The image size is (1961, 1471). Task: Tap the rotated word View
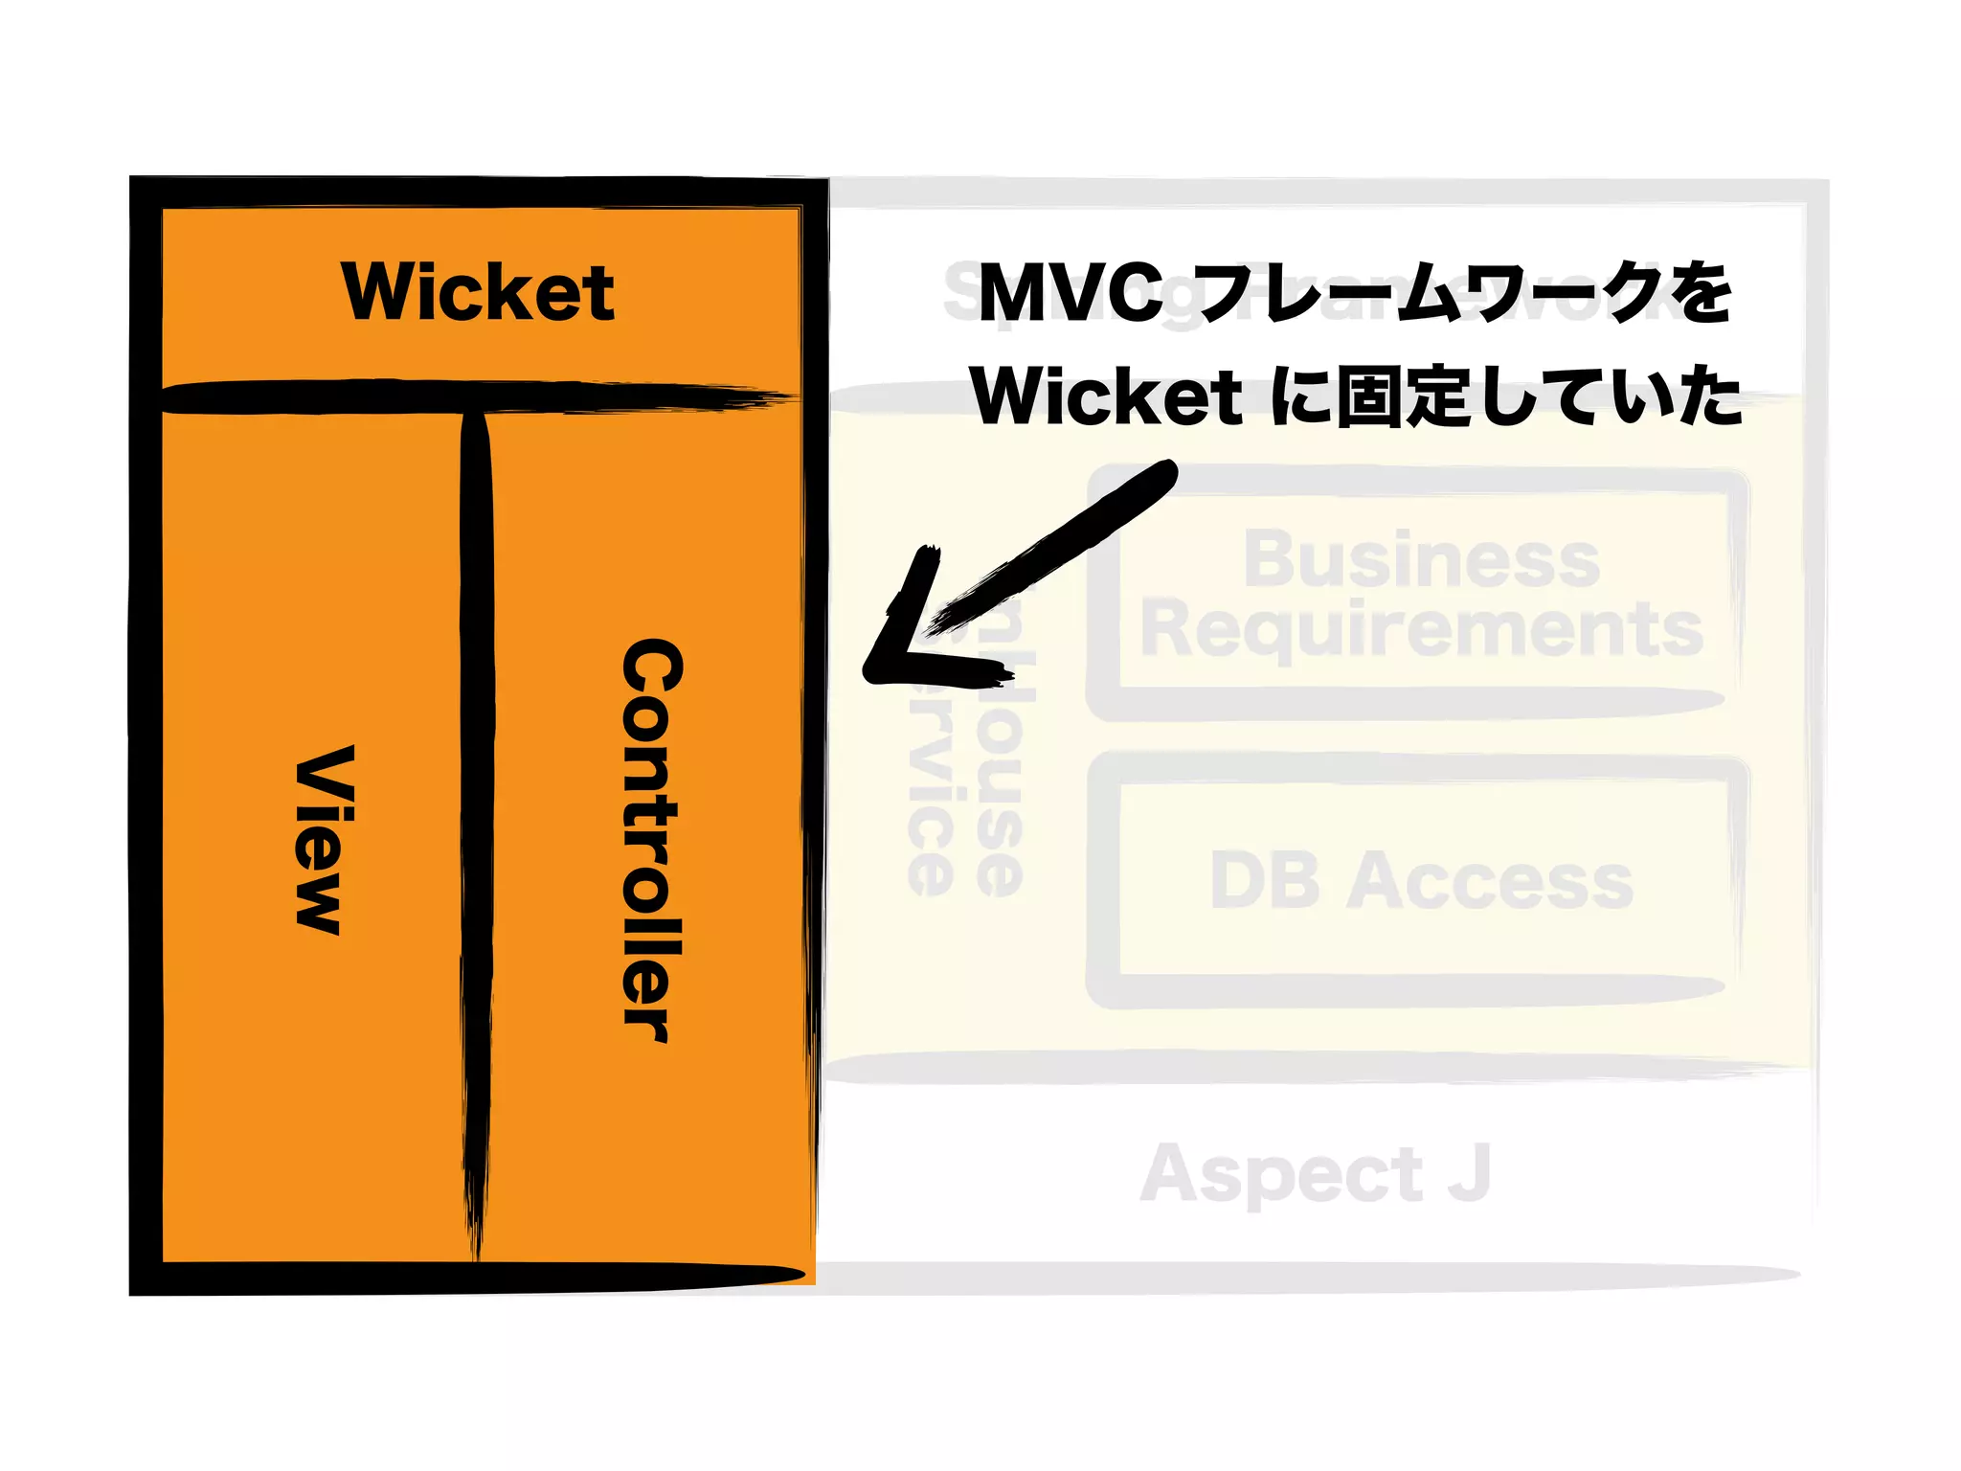[x=324, y=839]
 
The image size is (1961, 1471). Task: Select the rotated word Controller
[x=652, y=841]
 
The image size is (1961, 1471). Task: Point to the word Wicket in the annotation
[x=1106, y=396]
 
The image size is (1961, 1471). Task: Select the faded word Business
[x=1421, y=559]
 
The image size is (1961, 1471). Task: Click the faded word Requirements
[x=1421, y=629]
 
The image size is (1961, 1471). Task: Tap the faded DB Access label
[x=1421, y=881]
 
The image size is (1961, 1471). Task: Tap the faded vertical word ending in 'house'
[x=1002, y=766]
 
